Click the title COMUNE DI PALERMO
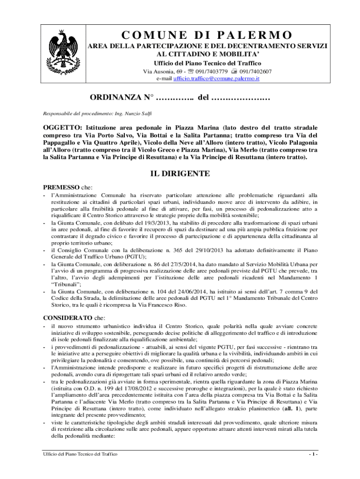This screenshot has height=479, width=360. tap(207, 36)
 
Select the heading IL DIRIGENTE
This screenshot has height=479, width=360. tap(180, 174)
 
